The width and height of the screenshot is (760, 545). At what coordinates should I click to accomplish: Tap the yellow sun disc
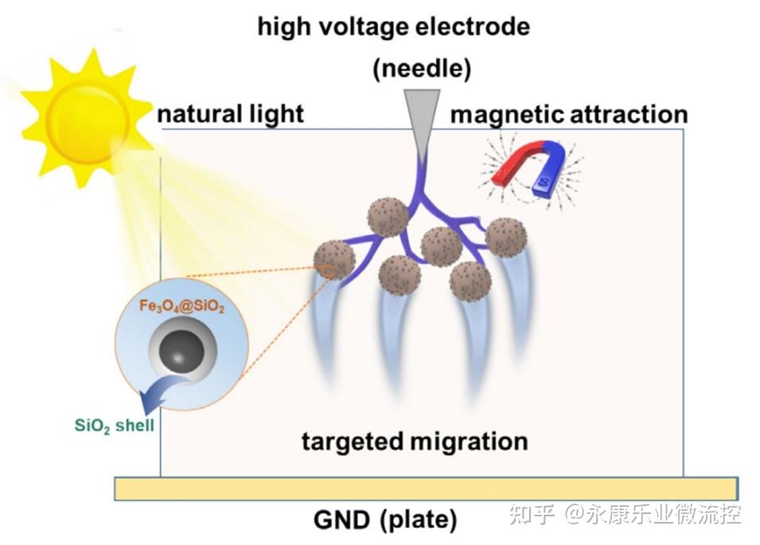88,120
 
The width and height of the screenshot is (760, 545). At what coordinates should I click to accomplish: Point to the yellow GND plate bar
426,489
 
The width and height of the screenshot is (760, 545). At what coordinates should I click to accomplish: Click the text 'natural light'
231,115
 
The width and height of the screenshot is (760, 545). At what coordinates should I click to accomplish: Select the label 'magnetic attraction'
569,115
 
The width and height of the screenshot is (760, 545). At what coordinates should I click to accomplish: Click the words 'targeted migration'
415,442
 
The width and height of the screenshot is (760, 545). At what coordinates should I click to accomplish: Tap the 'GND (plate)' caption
385,520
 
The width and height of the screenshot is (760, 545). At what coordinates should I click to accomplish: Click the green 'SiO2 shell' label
115,426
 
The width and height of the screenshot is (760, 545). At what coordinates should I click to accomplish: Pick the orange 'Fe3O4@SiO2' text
181,306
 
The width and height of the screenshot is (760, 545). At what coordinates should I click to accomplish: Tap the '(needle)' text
422,68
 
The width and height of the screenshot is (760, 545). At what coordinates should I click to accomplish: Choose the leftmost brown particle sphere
334,260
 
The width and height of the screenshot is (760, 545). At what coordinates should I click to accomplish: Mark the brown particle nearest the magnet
506,238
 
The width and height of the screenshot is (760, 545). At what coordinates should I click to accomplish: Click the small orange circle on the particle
328,273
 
